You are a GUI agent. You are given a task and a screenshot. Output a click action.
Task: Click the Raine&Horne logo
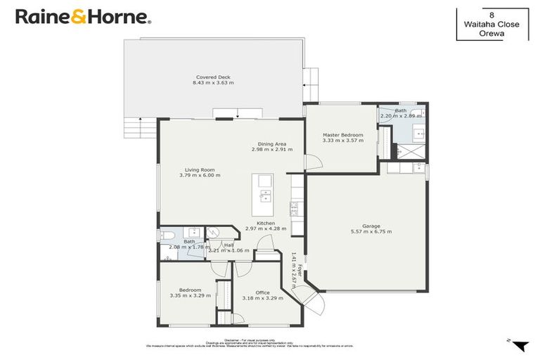[82, 16]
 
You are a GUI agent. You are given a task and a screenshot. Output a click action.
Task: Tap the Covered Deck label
[213, 77]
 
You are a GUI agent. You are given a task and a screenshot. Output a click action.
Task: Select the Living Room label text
[200, 169]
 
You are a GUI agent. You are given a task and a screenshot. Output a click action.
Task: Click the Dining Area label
[271, 144]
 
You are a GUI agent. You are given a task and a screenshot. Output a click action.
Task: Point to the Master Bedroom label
[342, 135]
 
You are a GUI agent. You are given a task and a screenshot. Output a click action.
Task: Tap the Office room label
[262, 292]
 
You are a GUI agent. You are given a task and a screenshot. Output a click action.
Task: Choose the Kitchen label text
[265, 223]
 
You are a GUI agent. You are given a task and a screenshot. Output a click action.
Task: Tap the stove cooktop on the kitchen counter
[294, 208]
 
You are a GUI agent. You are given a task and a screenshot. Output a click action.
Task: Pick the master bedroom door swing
[313, 162]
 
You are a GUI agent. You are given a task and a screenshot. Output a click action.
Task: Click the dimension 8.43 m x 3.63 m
[213, 83]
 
